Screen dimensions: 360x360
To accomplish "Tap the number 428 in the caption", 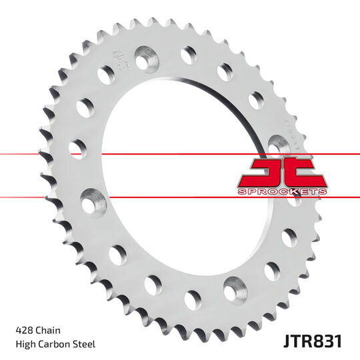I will click(25, 330).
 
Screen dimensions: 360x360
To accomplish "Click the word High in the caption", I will click(25, 344).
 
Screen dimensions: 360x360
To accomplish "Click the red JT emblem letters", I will click(282, 172).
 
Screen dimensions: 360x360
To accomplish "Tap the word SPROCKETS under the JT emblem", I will click(282, 191).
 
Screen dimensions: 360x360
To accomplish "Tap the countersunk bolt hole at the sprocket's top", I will click(144, 59).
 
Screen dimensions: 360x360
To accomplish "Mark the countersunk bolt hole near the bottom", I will click(233, 290).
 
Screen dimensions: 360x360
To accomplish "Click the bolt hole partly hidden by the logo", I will click(277, 143).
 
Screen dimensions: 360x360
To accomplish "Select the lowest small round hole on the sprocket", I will click(193, 299).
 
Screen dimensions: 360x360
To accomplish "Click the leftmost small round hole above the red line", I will click(77, 147).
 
